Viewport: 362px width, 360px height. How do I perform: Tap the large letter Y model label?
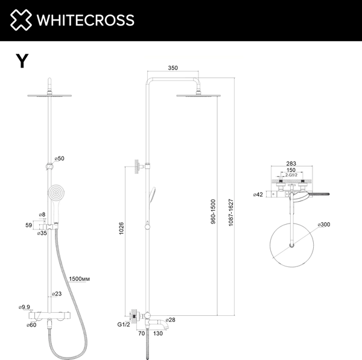coord(22,61)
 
